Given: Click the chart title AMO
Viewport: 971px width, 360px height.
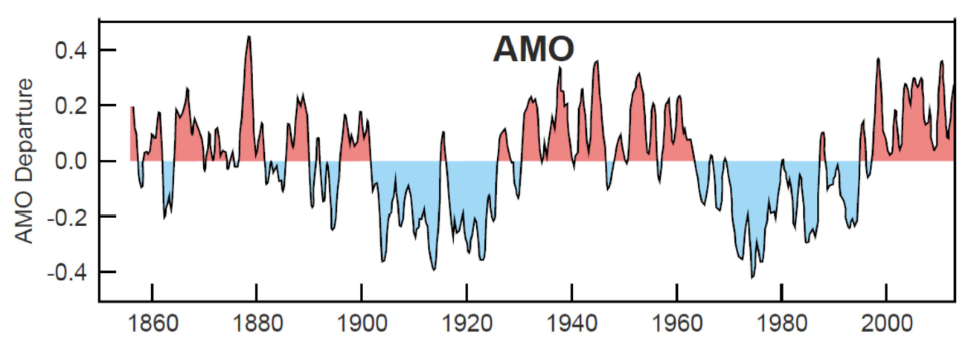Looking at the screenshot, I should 533,50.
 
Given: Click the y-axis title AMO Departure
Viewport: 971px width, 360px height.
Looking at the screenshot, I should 25,161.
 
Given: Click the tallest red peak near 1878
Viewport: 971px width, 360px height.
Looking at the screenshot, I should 249,37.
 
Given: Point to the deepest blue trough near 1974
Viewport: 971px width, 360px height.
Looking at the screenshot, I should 752,277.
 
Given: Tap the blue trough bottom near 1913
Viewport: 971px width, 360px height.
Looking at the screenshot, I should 433,269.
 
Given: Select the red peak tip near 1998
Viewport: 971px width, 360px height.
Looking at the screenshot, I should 879,60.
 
